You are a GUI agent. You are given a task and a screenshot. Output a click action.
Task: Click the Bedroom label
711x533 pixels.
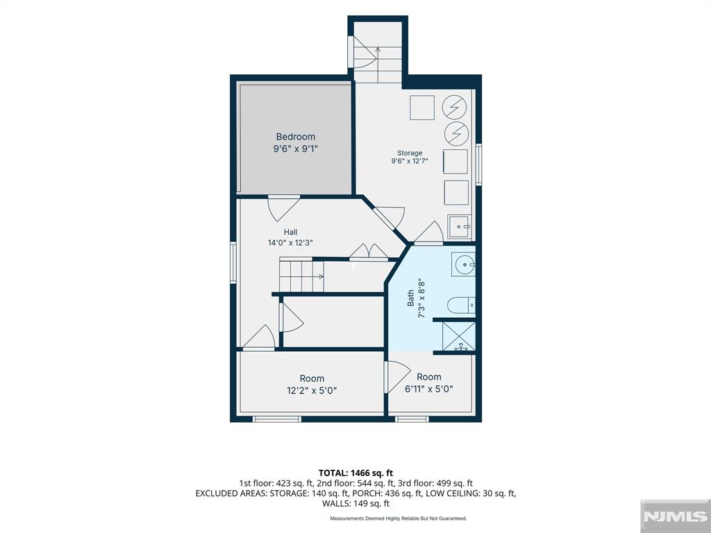tap(296, 137)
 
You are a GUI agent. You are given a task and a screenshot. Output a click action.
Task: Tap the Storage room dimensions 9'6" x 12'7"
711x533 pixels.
tap(410, 161)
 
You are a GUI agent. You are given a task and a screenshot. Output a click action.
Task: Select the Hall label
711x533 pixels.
tap(291, 232)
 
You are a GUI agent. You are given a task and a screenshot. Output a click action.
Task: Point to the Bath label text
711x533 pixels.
tap(410, 298)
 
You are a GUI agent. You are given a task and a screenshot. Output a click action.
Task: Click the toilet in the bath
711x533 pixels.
tap(461, 305)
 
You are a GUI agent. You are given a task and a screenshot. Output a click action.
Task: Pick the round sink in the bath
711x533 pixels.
tap(463, 264)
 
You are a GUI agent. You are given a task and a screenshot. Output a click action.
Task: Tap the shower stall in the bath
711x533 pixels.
tap(459, 337)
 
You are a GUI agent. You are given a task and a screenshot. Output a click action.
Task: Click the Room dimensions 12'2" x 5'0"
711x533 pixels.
tap(312, 390)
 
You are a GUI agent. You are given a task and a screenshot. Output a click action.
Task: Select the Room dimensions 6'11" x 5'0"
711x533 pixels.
tap(429, 389)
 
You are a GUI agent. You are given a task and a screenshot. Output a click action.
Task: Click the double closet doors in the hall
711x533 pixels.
tap(369, 252)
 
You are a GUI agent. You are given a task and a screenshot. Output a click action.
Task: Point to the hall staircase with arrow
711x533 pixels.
tap(301, 276)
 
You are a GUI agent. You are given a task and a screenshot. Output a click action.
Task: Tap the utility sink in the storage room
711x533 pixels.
tap(460, 227)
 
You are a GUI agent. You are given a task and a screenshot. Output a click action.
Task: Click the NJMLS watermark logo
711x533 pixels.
tap(675, 516)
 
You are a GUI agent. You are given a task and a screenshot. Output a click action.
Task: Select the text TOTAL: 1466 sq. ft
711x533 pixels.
tap(355, 473)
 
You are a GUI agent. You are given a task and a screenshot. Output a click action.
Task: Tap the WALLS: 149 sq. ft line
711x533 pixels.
tap(355, 503)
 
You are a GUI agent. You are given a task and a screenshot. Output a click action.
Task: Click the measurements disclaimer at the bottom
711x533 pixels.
tap(398, 518)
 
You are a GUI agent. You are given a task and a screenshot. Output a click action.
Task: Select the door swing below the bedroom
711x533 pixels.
tap(283, 208)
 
